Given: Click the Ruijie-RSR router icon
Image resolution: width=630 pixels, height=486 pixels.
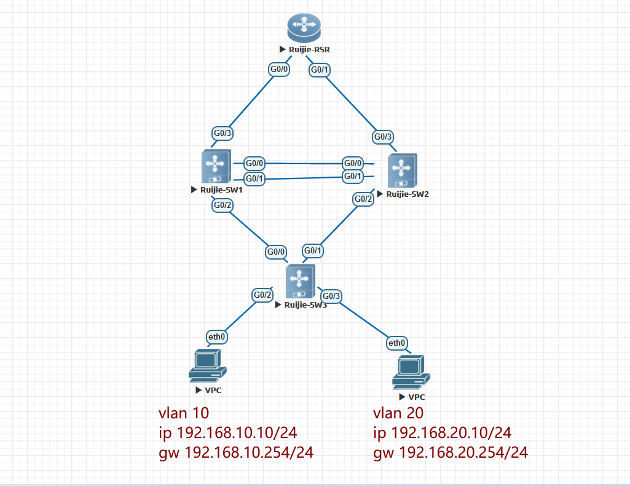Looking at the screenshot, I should pos(304,28).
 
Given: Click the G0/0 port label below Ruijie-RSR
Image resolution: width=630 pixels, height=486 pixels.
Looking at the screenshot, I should pos(280,70).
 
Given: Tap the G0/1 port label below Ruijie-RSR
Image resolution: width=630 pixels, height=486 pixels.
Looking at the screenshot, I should pos(320,70).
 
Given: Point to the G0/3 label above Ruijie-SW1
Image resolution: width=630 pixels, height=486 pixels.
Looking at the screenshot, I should pos(222,133).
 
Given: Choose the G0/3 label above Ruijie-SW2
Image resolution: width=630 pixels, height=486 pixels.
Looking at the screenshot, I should pos(382,137).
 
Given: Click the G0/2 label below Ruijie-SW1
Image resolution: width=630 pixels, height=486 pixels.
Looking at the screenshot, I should pos(222,205).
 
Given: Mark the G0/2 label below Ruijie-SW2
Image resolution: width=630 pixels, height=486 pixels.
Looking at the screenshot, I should pos(363,199).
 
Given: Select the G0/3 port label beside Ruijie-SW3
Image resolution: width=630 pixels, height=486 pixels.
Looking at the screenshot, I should pos(331,296).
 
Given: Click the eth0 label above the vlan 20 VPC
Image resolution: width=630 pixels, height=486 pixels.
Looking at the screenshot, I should pos(396,343).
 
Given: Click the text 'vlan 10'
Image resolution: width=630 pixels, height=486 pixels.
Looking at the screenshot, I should pos(184,413).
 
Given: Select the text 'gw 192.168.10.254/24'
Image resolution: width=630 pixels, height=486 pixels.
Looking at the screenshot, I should pos(237,453).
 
